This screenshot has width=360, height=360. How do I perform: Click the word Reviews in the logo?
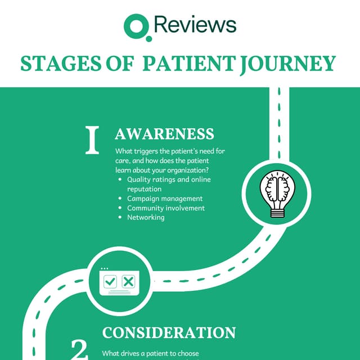tap(194, 25)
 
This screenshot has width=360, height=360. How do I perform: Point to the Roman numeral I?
tap(92, 141)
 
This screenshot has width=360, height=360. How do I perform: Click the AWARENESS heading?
tap(164, 134)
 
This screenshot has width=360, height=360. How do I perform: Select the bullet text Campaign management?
tap(165, 199)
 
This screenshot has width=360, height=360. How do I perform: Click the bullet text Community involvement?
tap(166, 208)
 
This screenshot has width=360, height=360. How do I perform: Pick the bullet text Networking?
tap(146, 217)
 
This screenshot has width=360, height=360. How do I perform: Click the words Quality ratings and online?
tap(169, 179)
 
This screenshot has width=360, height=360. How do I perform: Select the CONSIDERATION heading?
tap(169, 332)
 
